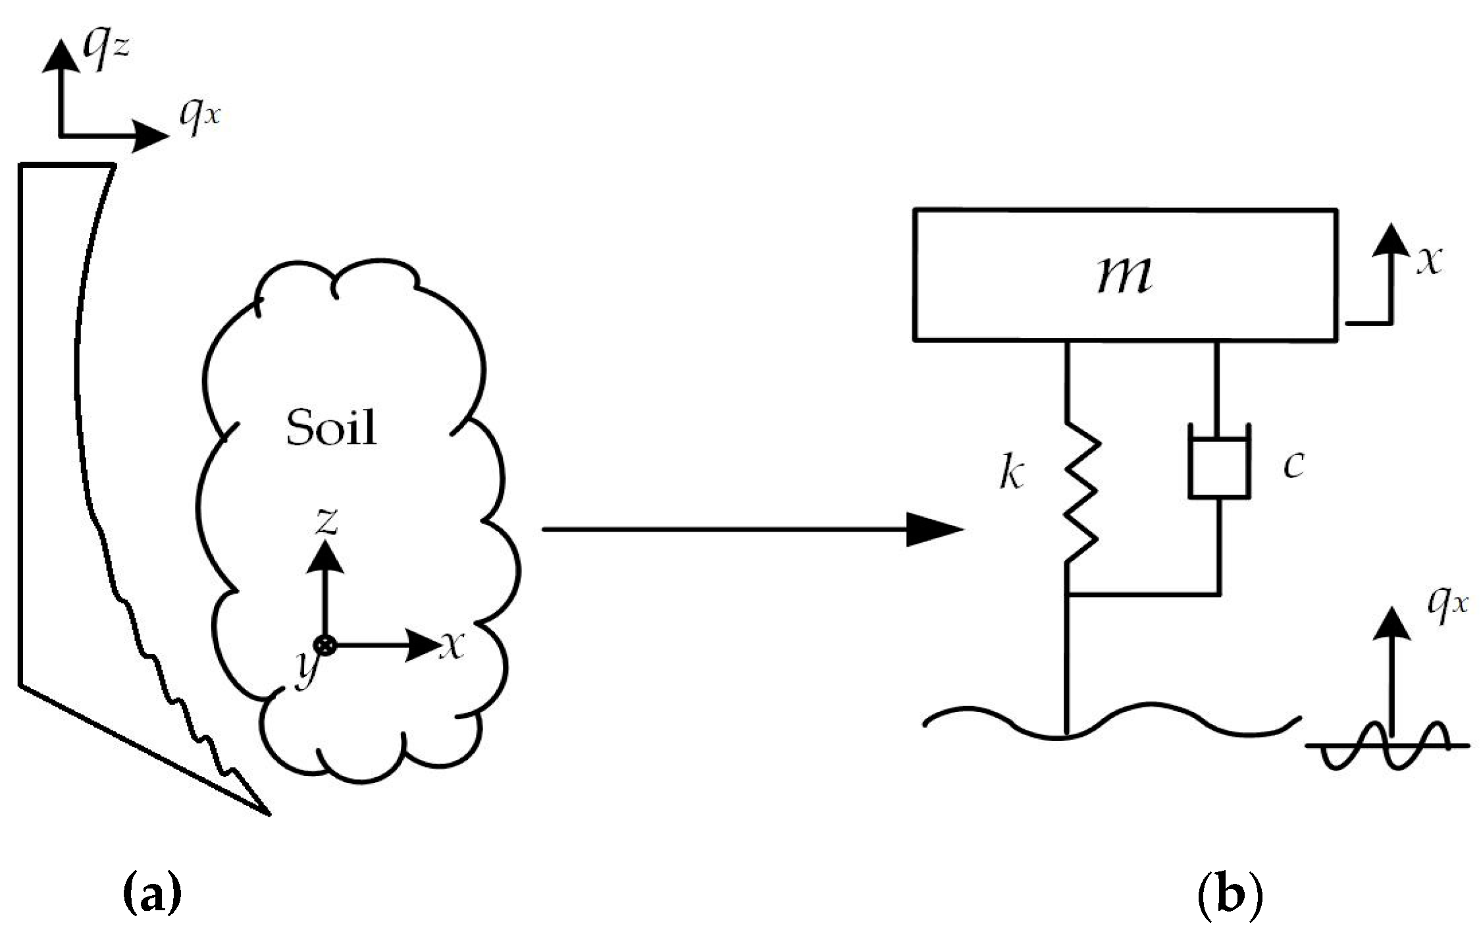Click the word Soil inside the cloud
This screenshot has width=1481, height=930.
pos(331,427)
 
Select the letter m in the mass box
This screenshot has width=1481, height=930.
pos(1124,274)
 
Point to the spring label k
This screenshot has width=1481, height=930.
pos(1012,473)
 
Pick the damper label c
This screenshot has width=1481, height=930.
pos(1293,464)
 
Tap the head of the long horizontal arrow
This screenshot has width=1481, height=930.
pos(935,529)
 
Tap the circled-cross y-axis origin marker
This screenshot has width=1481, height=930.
pos(325,645)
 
